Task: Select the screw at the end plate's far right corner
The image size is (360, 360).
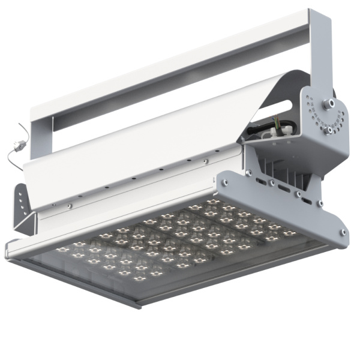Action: coord(343,232)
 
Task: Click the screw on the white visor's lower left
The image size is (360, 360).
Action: coord(70,206)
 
